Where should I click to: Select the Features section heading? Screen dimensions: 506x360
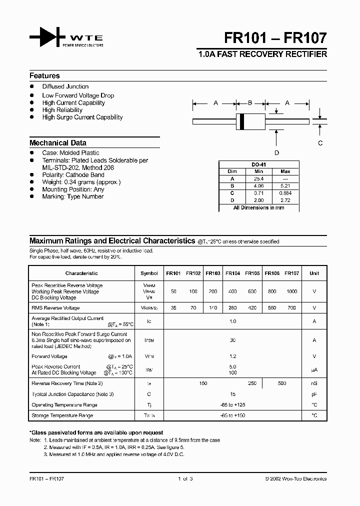(44, 76)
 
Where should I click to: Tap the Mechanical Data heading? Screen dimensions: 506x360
(58, 143)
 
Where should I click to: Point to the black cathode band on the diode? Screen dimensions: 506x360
(242, 121)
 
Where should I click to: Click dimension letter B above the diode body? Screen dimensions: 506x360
(250, 103)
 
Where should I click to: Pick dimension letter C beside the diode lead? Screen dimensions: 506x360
(320, 143)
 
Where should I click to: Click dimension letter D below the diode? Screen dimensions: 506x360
(276, 153)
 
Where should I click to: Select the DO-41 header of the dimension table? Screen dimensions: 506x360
(258, 164)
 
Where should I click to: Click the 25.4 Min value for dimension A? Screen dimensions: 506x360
(258, 178)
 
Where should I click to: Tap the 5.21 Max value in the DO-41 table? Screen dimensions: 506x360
(285, 185)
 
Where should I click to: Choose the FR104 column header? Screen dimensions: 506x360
(232, 273)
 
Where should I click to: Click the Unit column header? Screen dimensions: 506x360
(314, 273)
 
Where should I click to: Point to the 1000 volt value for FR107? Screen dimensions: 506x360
(291, 291)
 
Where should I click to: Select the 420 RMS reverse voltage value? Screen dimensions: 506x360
(252, 308)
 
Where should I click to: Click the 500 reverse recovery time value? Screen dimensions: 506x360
(282, 383)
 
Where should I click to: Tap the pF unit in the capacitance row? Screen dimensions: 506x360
(314, 394)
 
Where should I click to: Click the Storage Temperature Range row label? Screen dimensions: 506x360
(62, 415)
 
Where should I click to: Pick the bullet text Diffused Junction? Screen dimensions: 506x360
(65, 86)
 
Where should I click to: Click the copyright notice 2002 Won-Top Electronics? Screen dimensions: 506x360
(295, 478)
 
